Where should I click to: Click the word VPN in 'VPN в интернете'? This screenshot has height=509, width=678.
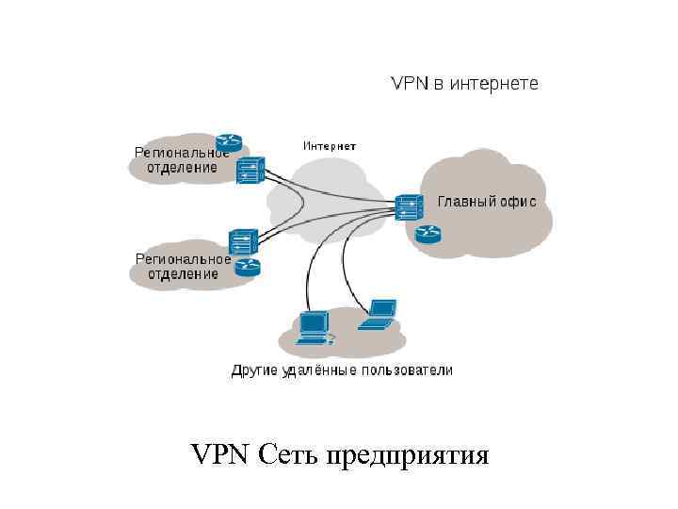click(x=410, y=84)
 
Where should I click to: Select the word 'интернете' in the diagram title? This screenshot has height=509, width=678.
click(x=494, y=84)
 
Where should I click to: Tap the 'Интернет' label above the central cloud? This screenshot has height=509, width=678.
click(x=330, y=146)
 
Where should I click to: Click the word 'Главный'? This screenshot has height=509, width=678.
click(x=468, y=202)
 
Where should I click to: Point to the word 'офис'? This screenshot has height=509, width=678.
click(x=519, y=202)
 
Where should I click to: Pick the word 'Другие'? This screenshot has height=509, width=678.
click(x=254, y=370)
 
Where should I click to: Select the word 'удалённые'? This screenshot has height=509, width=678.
click(x=318, y=370)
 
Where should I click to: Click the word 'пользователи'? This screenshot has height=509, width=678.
click(x=407, y=370)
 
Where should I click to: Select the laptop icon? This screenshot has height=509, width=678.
click(x=379, y=314)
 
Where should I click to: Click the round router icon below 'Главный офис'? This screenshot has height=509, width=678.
click(x=428, y=233)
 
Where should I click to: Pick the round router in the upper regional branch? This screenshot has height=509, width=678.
click(x=228, y=142)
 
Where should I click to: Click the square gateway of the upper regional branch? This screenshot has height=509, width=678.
click(x=249, y=172)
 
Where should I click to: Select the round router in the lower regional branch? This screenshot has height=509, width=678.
click(x=247, y=268)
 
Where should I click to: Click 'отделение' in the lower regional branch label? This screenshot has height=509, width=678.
click(x=183, y=273)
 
